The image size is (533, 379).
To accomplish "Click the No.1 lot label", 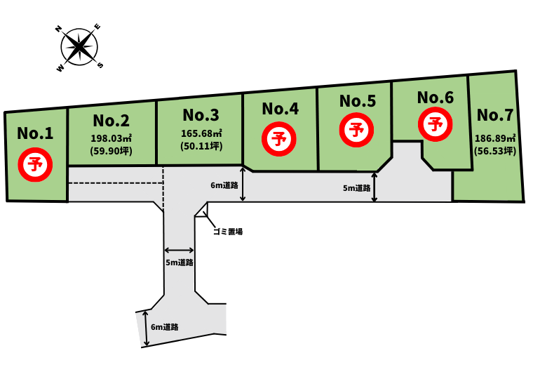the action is pyautogui.click(x=35, y=133).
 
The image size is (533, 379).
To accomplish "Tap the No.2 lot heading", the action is pyautogui.click(x=112, y=121).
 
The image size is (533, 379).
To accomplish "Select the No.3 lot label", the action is pyautogui.click(x=201, y=115).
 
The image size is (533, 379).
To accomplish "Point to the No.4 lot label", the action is pyautogui.click(x=281, y=109).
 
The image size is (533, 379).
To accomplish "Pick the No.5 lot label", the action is pyautogui.click(x=358, y=101).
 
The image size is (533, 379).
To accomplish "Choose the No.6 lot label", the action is pyautogui.click(x=436, y=98).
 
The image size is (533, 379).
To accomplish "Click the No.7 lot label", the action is pyautogui.click(x=495, y=115).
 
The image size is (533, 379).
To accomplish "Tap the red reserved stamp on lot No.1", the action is pyautogui.click(x=35, y=165).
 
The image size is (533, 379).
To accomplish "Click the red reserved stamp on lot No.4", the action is pyautogui.click(x=279, y=139).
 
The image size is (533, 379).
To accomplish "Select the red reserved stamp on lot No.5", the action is pyautogui.click(x=356, y=131).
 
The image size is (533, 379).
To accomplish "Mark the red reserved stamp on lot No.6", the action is pyautogui.click(x=435, y=124).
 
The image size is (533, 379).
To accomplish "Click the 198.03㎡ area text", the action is pyautogui.click(x=112, y=138).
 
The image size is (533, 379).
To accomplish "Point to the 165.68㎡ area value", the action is pyautogui.click(x=201, y=133).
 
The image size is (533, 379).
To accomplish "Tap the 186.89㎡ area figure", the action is pyautogui.click(x=495, y=138).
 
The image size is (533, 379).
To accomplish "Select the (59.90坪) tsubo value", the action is pyautogui.click(x=112, y=151).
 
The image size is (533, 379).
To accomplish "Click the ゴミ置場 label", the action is pyautogui.click(x=228, y=232).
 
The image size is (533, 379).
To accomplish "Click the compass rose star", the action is pyautogui.click(x=79, y=47).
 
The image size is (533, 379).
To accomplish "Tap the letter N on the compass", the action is pyautogui.click(x=58, y=29).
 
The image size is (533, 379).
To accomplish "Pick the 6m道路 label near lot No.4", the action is pyautogui.click(x=224, y=185).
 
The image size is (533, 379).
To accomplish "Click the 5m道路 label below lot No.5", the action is pyautogui.click(x=356, y=188).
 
